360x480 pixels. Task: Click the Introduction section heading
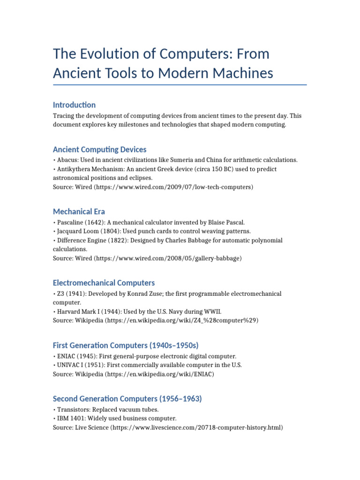(x=74, y=105)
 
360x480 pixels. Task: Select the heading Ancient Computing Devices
(x=99, y=150)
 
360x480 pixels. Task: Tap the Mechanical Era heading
(x=79, y=211)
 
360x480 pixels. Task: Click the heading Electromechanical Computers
(x=104, y=283)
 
